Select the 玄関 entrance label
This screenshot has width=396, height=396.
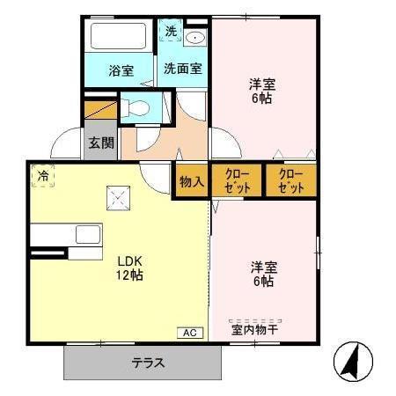[100, 142]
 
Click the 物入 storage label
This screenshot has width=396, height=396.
[192, 182]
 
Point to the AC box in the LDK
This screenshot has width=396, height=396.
[190, 332]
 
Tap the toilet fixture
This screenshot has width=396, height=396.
[140, 109]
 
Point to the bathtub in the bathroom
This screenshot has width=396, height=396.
[121, 38]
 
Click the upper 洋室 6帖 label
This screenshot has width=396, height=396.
[261, 92]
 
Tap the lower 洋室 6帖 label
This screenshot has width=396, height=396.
[261, 274]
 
